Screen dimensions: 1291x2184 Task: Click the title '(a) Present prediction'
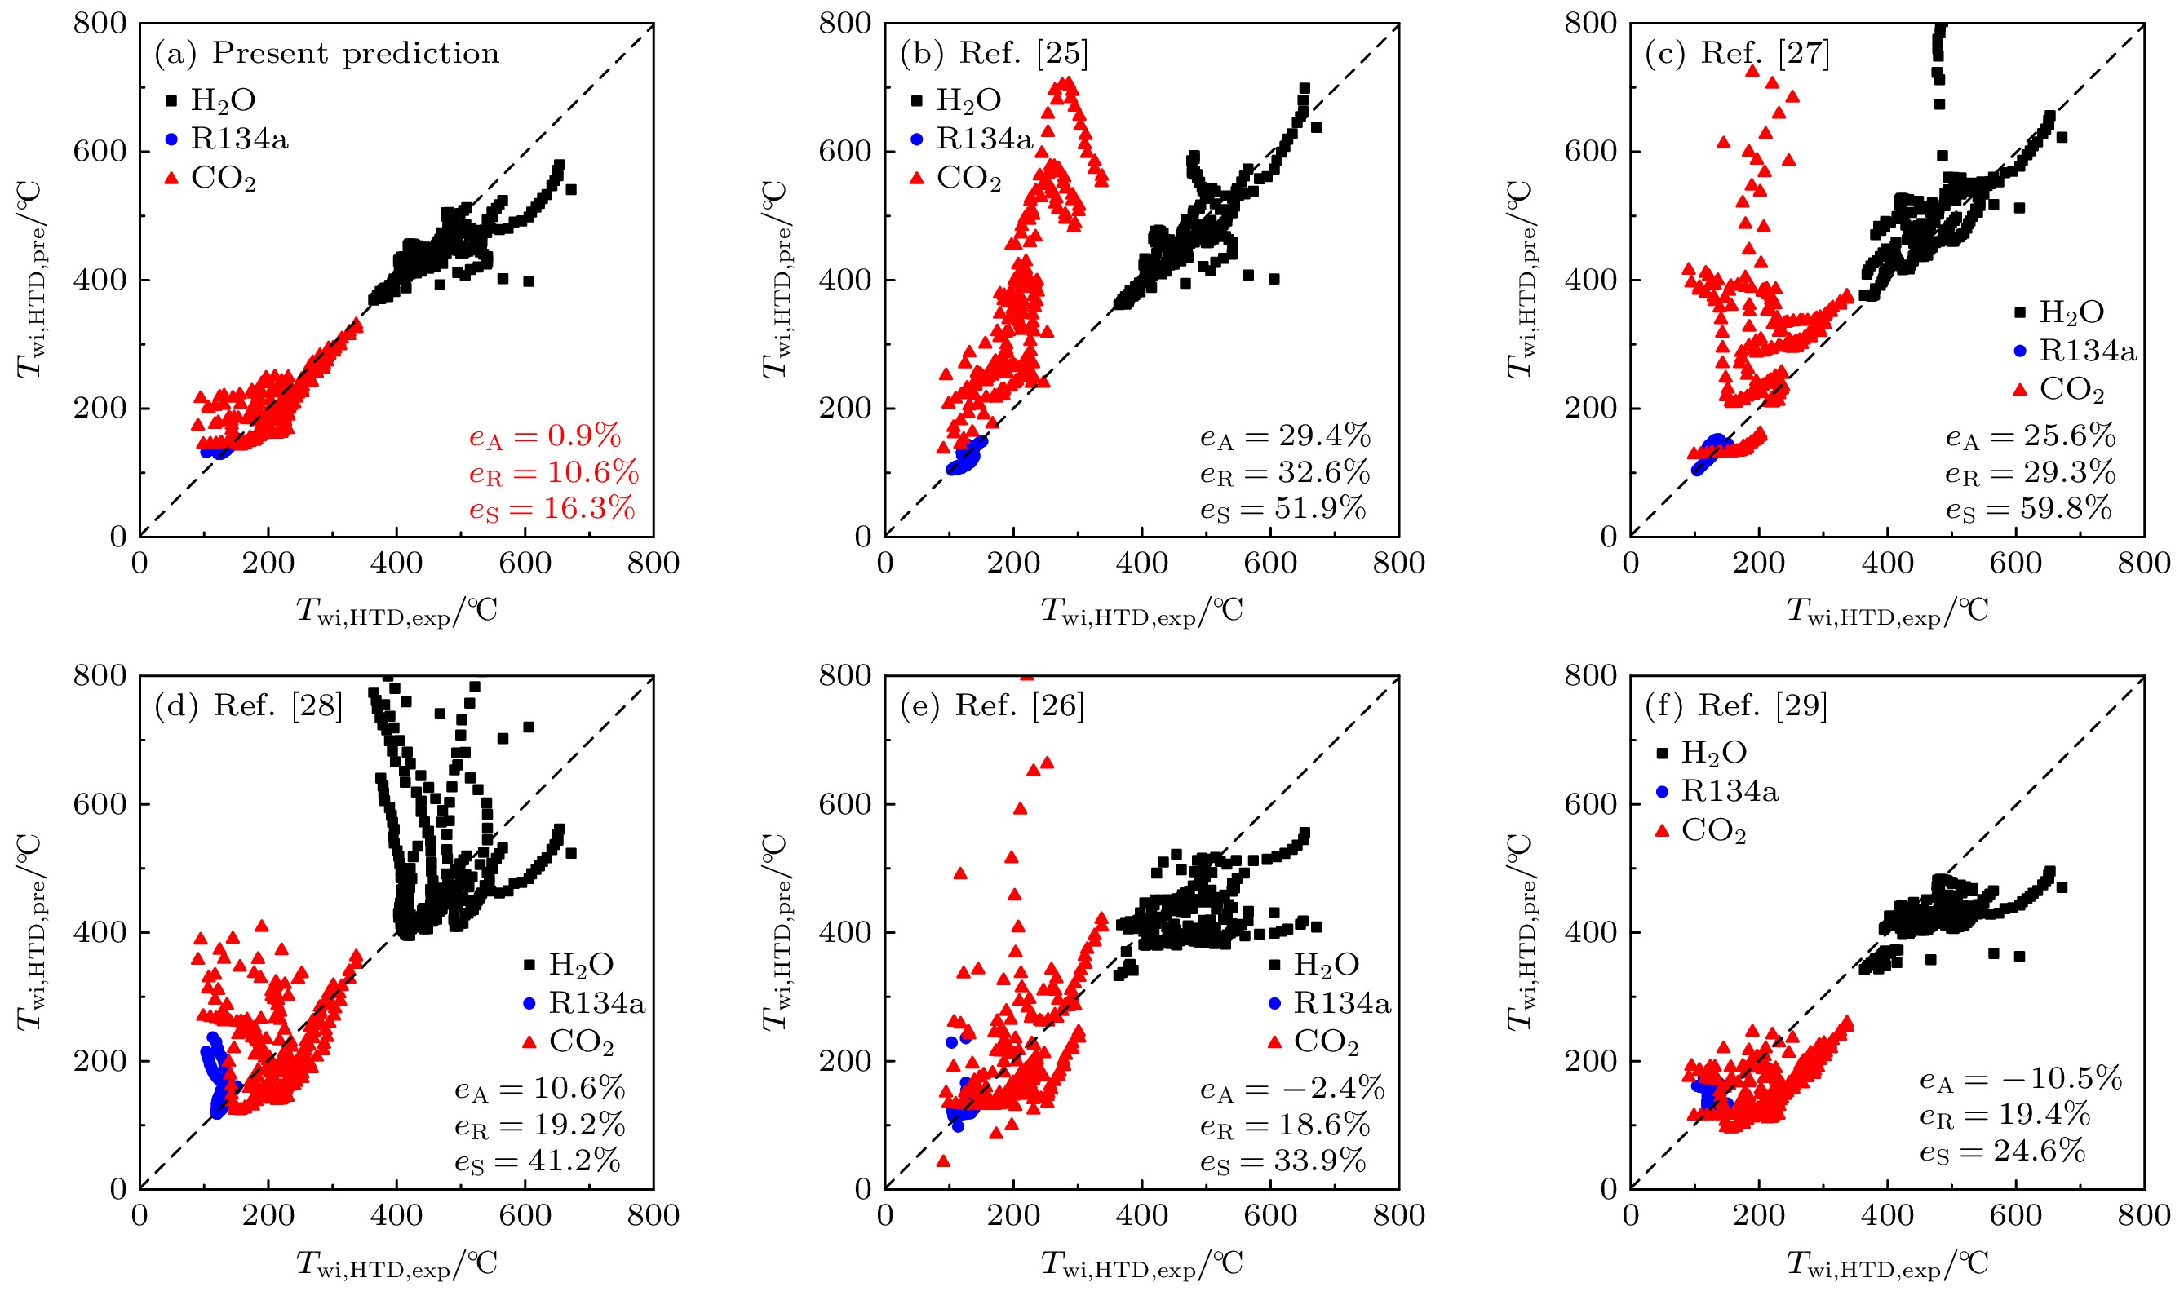coord(326,54)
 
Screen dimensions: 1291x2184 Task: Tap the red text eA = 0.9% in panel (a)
coord(545,436)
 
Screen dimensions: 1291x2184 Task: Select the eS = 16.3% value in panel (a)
coord(552,509)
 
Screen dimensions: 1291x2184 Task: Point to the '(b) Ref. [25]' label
coord(994,54)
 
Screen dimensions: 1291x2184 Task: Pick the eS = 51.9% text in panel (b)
coord(1282,509)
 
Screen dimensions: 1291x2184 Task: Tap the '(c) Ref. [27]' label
coord(1737,54)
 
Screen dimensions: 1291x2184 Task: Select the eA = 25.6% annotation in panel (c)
coord(2030,436)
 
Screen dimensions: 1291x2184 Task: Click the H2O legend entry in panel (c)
coord(2071,312)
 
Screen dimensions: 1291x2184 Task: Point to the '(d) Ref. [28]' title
coord(248,705)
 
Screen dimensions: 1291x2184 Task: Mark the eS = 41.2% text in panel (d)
coord(537,1161)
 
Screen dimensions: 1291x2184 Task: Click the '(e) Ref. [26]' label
coord(992,705)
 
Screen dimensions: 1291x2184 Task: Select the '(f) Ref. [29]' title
coord(1736,705)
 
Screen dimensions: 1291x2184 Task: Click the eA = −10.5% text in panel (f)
coord(2020,1080)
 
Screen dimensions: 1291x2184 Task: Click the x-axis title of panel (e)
coord(1141,1264)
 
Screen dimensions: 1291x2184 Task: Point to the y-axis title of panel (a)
coord(31,280)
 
